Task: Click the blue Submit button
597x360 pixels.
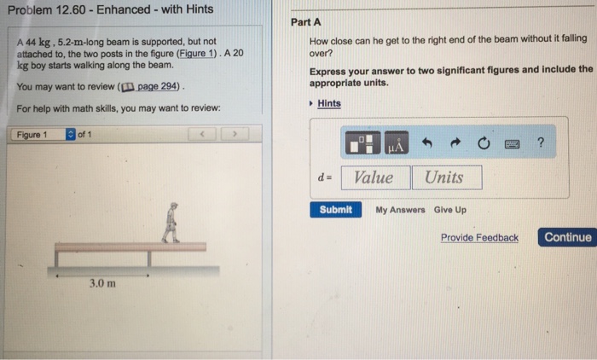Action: (335, 210)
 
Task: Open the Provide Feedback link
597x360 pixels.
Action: (478, 237)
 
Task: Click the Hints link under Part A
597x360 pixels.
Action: (328, 103)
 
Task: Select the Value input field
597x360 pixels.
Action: (374, 177)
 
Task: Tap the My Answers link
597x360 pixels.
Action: (400, 210)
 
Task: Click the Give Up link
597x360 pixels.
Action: (449, 210)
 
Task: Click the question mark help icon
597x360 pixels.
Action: (540, 143)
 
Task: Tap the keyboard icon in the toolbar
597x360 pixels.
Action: (512, 144)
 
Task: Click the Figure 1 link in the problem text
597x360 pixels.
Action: (194, 53)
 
